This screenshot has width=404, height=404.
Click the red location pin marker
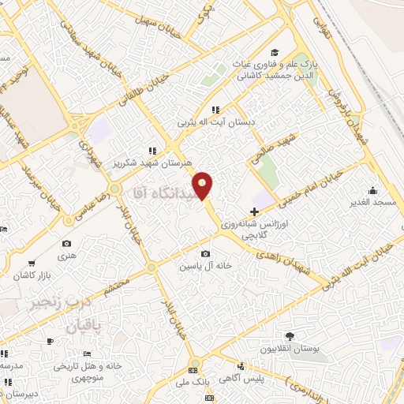[x=204, y=185]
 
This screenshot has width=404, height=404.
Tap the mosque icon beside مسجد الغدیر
[x=373, y=190]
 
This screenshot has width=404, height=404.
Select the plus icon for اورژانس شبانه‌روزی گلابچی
[x=254, y=211]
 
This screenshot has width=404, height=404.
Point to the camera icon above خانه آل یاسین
[x=206, y=253]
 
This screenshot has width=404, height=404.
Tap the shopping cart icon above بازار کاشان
[x=31, y=264]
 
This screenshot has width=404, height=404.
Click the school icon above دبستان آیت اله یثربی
[x=215, y=110]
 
